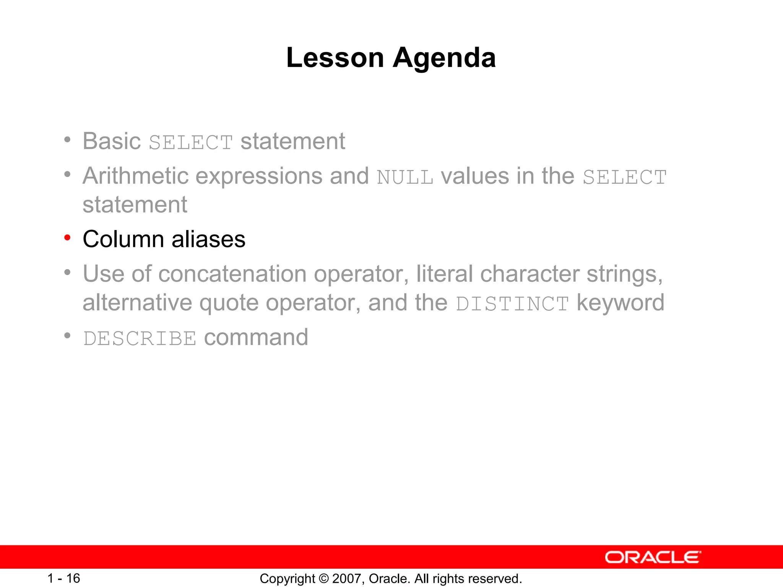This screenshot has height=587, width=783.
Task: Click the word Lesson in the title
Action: pyautogui.click(x=335, y=58)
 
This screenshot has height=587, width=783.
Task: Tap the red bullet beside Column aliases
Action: pyautogui.click(x=68, y=238)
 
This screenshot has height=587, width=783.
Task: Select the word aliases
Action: pyautogui.click(x=208, y=239)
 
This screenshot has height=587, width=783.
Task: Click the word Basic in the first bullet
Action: pyautogui.click(x=112, y=141)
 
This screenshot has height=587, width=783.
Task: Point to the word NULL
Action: pyautogui.click(x=405, y=177)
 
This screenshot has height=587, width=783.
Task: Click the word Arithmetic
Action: pyautogui.click(x=136, y=176)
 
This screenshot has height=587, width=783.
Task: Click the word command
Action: pyautogui.click(x=256, y=337)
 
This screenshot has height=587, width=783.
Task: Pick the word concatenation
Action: pyautogui.click(x=232, y=274)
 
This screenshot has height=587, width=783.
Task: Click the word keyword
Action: pyautogui.click(x=620, y=303)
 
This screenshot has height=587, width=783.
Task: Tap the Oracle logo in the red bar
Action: pyautogui.click(x=653, y=557)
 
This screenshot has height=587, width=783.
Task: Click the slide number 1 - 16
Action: pyautogui.click(x=63, y=578)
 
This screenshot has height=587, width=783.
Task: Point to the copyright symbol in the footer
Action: pyautogui.click(x=323, y=579)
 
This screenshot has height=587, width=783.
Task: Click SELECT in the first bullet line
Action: pyautogui.click(x=191, y=143)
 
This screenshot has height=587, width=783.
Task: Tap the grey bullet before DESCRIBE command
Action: pyautogui.click(x=68, y=336)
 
